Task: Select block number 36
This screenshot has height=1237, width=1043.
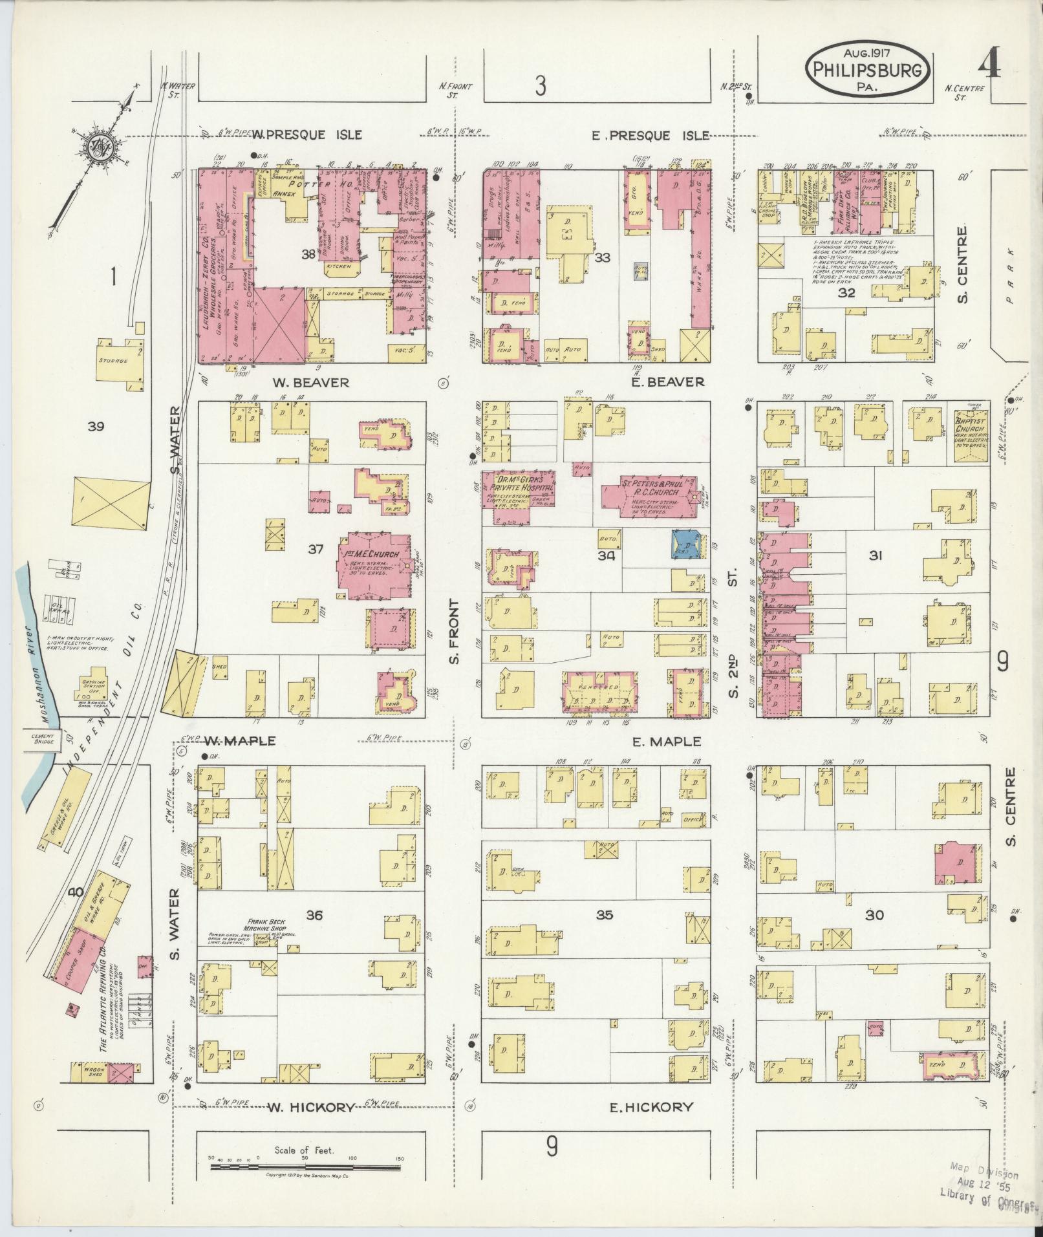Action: (x=314, y=915)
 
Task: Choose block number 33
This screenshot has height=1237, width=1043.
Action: (x=603, y=258)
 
